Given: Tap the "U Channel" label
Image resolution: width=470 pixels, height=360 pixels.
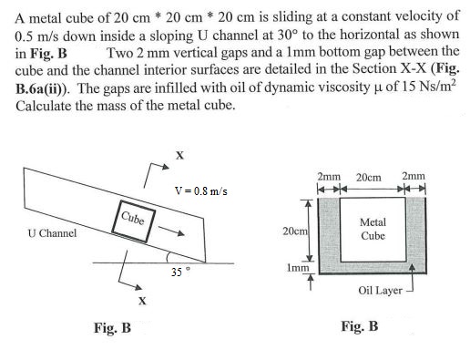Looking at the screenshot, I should pyautogui.click(x=52, y=232).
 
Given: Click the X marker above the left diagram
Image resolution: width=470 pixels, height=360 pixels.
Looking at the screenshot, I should pyautogui.click(x=178, y=156).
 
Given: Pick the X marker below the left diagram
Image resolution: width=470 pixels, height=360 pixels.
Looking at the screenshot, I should pyautogui.click(x=140, y=300).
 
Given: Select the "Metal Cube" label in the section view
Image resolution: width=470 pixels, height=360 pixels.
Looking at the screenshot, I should pyautogui.click(x=373, y=229).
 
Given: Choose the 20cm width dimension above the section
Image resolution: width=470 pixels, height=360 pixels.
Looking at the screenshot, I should pyautogui.click(x=369, y=176).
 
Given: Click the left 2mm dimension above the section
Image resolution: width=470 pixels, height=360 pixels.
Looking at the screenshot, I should pyautogui.click(x=327, y=176).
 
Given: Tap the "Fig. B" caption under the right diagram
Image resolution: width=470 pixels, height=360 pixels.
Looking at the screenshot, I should pyautogui.click(x=359, y=325).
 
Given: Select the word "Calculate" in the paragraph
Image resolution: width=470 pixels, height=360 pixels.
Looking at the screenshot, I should pyautogui.click(x=47, y=106).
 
